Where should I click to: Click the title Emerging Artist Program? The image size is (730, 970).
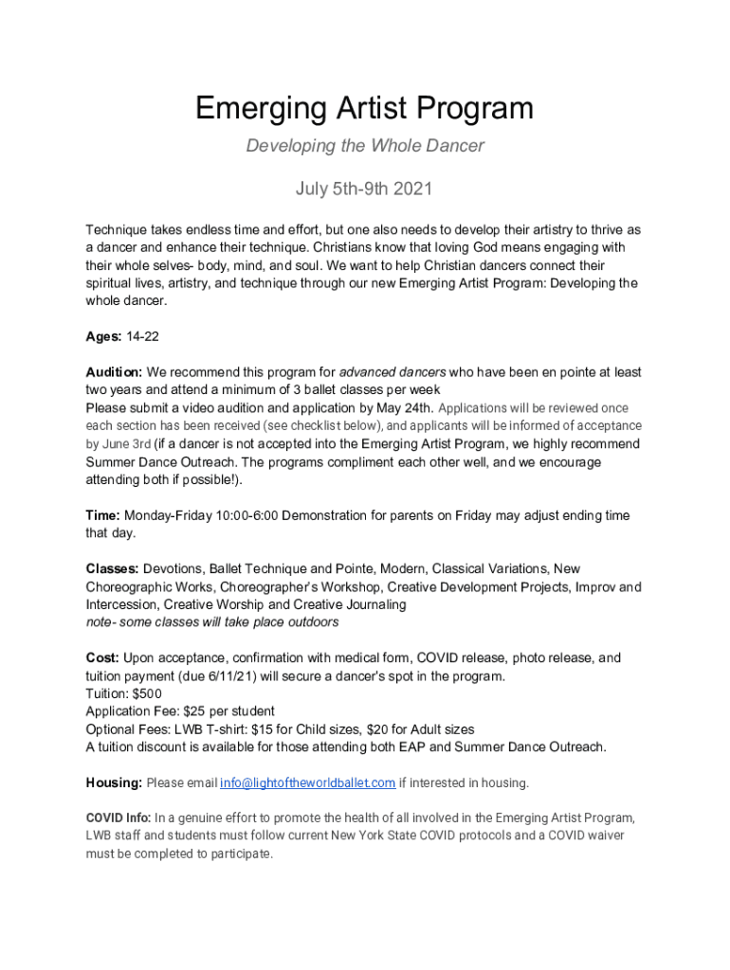click(364, 109)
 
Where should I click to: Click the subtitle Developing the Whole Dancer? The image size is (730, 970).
click(365, 146)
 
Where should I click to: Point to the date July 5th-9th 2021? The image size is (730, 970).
click(364, 189)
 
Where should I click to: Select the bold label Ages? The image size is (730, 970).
click(104, 336)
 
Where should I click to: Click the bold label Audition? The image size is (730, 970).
click(114, 372)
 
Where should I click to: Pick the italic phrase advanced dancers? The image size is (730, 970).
click(392, 372)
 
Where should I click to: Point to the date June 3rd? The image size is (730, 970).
click(127, 443)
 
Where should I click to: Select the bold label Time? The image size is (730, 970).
click(102, 515)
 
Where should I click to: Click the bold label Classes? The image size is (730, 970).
click(112, 569)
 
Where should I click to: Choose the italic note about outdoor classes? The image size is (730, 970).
click(211, 622)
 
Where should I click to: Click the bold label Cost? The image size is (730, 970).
click(102, 657)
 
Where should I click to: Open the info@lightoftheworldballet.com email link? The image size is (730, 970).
click(307, 783)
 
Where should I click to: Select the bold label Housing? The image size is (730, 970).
click(114, 783)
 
